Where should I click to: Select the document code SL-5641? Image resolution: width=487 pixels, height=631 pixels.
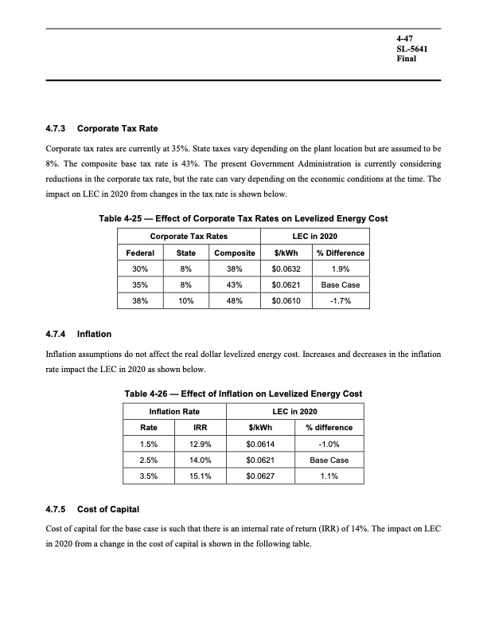click(x=413, y=49)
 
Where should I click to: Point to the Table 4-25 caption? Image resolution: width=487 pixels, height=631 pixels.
click(x=243, y=218)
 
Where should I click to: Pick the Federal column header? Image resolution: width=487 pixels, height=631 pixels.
click(x=141, y=253)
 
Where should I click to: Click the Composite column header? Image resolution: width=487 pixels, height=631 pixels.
click(x=236, y=253)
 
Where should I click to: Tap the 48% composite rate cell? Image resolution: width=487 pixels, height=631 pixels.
click(x=236, y=301)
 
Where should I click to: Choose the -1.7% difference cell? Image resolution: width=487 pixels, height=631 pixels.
click(x=341, y=301)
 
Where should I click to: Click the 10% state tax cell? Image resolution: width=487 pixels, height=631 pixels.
click(x=185, y=301)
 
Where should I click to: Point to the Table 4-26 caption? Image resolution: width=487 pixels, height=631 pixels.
click(x=243, y=394)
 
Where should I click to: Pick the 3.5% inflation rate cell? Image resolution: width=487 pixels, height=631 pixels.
click(x=148, y=476)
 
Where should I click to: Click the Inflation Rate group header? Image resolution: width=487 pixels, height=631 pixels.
click(x=175, y=411)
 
